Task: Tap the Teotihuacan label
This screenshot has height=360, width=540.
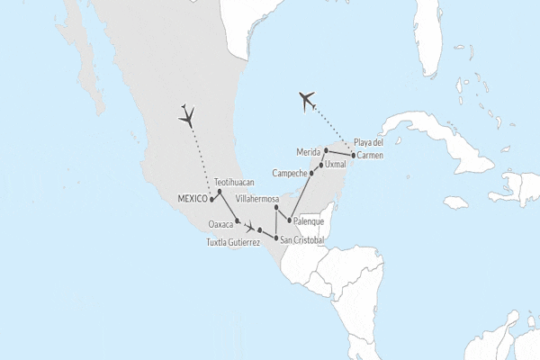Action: (237, 181)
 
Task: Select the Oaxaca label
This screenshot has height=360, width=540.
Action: (220, 223)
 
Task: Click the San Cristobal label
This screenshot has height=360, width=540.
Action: (301, 239)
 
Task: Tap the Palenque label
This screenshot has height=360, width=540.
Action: (309, 220)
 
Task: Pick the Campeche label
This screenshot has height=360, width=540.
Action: (289, 172)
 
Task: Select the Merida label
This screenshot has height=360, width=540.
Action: (308, 151)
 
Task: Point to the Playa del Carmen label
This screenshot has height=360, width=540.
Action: (368, 148)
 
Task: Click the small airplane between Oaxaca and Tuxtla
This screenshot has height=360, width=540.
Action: (249, 229)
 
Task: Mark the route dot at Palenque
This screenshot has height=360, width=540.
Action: (288, 220)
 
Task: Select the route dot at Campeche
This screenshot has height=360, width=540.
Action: (311, 173)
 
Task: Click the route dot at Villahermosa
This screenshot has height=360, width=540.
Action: (276, 207)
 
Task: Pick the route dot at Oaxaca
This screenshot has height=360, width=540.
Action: (237, 221)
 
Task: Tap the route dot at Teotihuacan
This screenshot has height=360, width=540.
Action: (220, 192)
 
